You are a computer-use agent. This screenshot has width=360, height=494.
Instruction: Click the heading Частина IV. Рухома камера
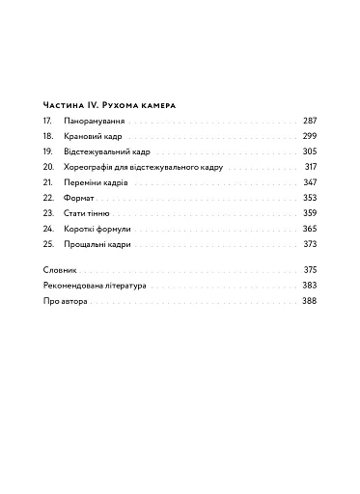click(x=116, y=104)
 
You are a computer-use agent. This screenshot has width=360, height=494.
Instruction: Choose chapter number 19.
click(x=48, y=151)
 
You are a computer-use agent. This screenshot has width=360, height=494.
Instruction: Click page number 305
click(x=309, y=151)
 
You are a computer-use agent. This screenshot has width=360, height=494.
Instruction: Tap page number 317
click(x=310, y=167)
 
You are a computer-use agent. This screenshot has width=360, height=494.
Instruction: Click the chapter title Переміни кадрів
click(x=97, y=182)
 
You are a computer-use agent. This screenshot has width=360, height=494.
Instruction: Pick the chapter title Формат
click(x=79, y=198)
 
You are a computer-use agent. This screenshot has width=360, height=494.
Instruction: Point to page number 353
click(x=309, y=198)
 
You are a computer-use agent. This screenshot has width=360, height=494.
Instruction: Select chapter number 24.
click(x=48, y=229)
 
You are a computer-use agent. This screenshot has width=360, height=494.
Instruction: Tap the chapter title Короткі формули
click(x=97, y=229)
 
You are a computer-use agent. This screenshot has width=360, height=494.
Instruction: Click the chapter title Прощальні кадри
click(x=97, y=244)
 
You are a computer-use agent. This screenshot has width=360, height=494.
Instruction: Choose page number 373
click(x=309, y=244)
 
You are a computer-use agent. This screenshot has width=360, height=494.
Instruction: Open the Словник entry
click(x=61, y=269)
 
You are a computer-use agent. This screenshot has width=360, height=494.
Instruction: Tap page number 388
click(x=309, y=301)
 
